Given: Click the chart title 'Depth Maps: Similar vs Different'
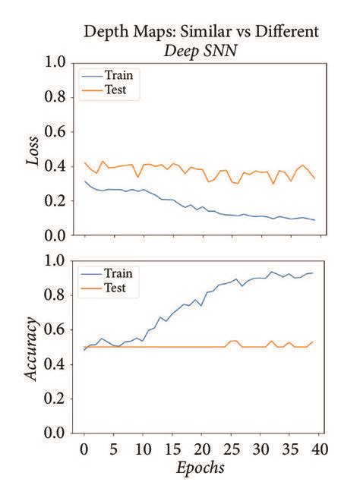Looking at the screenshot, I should pos(201,31).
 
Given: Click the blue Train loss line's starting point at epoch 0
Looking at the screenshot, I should pos(84,181).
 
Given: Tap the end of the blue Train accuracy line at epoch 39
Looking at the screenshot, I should pos(314,273).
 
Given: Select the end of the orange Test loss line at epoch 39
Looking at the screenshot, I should pos(314,178).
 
